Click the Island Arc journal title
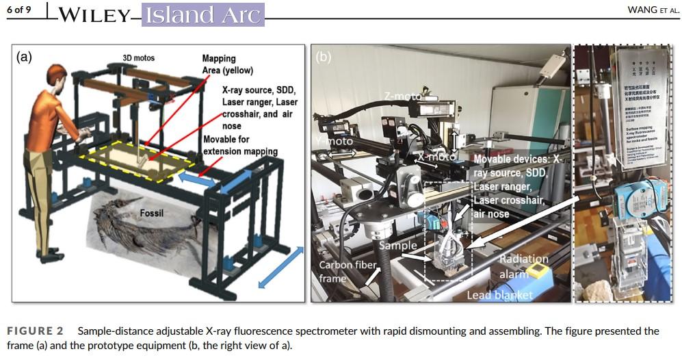click(x=202, y=14)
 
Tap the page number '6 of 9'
click(x=21, y=10)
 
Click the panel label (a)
click(x=25, y=57)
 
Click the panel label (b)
click(x=324, y=57)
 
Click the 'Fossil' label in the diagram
click(x=153, y=213)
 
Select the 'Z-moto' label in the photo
click(x=403, y=97)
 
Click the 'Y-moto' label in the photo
click(x=334, y=142)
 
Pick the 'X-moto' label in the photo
click(x=436, y=157)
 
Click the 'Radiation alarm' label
click(x=523, y=266)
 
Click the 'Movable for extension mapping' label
click(x=240, y=145)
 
